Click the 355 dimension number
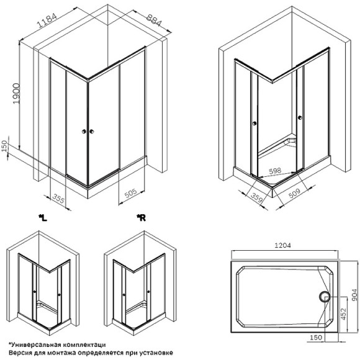tap(58, 198)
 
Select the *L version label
tap(42, 217)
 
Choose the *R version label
tap(141, 217)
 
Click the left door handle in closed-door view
tap(83, 131)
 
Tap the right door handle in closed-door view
tap(91, 131)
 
